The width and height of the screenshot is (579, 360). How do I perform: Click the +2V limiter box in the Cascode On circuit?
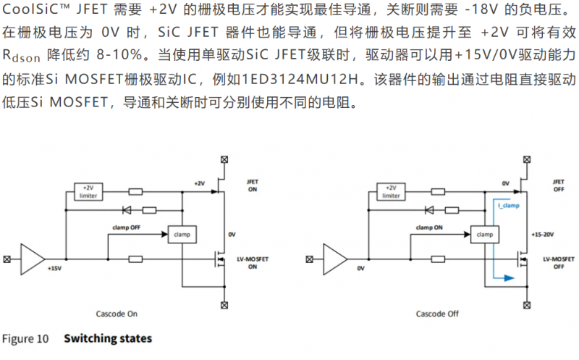[88, 192]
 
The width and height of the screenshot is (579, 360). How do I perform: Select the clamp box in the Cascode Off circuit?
[484, 235]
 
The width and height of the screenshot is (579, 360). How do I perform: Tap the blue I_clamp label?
[509, 206]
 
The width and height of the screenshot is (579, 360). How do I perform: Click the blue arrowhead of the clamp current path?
[510, 278]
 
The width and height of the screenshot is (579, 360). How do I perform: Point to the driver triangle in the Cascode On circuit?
[33, 259]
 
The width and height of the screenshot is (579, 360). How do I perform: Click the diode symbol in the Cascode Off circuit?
[429, 210]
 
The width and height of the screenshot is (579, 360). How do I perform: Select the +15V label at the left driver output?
[54, 268]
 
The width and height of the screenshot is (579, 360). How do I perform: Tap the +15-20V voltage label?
[542, 235]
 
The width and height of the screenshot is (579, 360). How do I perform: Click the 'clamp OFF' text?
[126, 227]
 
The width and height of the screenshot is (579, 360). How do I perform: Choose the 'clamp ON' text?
[429, 227]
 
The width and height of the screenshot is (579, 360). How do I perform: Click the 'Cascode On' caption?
[117, 314]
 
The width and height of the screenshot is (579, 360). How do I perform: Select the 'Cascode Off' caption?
[437, 314]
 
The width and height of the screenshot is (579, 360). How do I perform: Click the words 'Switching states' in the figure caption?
[108, 338]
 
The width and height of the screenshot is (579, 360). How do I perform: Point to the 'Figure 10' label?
[25, 338]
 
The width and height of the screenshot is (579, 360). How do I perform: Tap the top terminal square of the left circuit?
[224, 159]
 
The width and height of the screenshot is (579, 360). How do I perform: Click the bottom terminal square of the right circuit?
[527, 305]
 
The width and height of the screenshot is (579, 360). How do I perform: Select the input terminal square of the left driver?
[7, 259]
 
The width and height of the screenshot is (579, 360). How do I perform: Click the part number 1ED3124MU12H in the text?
[300, 79]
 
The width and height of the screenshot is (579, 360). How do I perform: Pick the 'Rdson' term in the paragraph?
[21, 56]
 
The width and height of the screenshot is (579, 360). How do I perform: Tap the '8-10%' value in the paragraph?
[119, 55]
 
